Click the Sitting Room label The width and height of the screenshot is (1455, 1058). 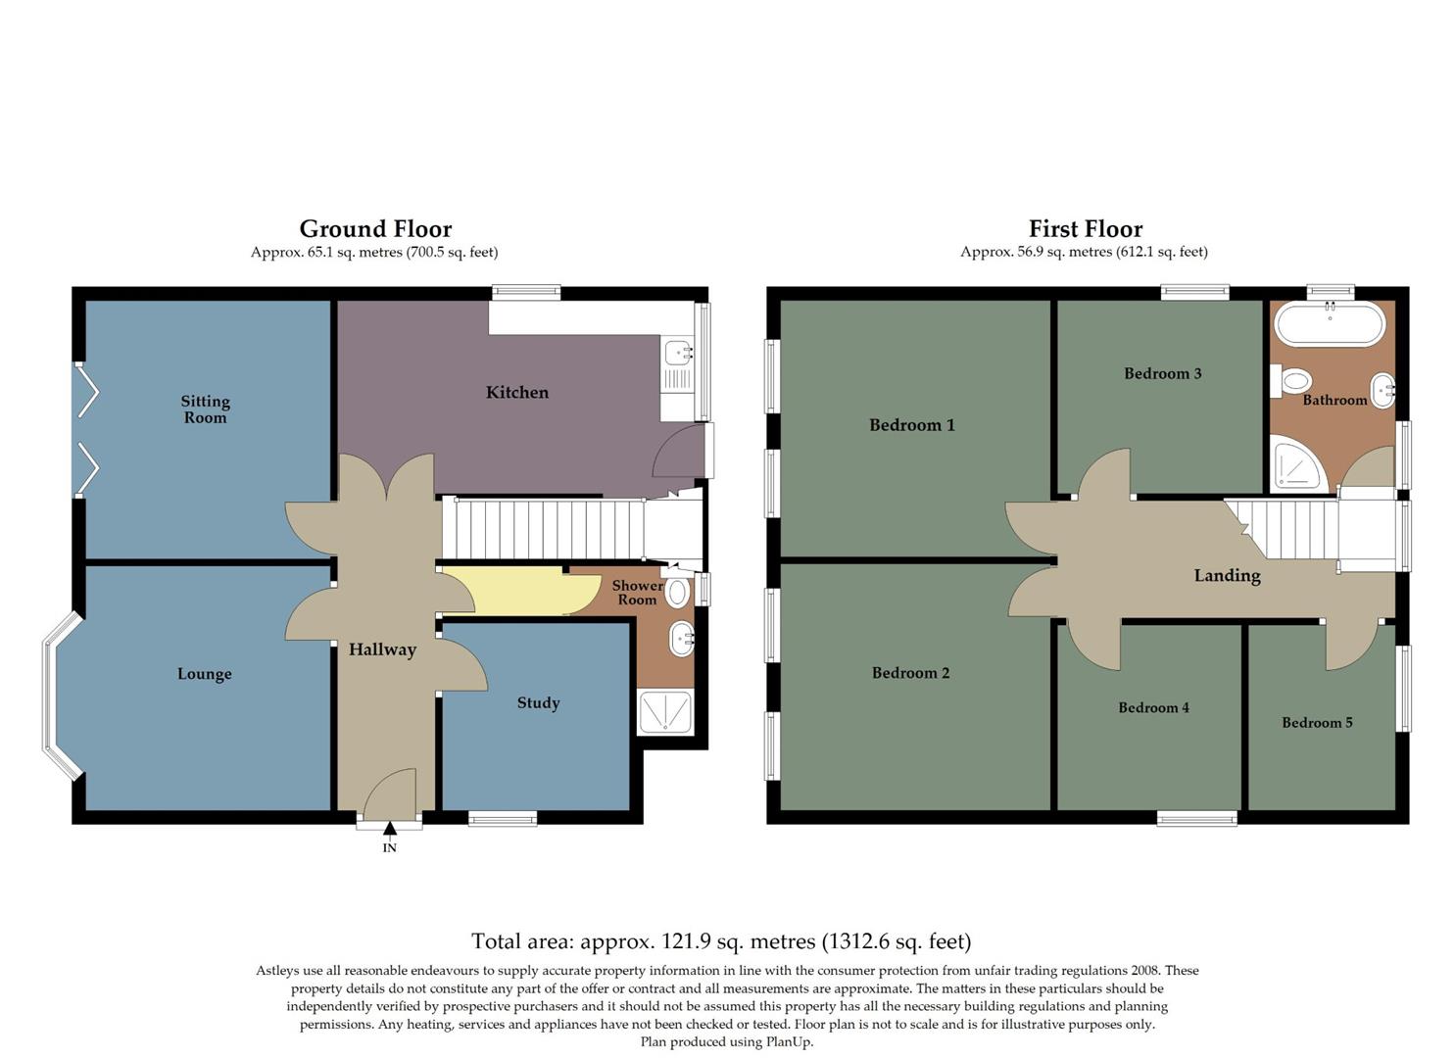205,409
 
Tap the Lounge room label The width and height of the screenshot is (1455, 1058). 204,674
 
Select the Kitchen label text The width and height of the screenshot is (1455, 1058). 516,392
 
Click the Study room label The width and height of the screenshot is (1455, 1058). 538,702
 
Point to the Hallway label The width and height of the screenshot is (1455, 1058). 382,649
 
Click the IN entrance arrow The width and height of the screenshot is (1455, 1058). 389,831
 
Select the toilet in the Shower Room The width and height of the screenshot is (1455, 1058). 677,593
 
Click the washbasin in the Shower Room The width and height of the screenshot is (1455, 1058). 681,640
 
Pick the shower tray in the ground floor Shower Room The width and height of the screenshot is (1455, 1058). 665,712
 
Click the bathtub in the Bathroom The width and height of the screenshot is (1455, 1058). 1330,323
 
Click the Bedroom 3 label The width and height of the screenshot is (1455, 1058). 1162,373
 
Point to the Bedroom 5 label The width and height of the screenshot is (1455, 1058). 1317,723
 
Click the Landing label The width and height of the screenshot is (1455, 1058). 1227,576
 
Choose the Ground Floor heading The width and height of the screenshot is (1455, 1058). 375,229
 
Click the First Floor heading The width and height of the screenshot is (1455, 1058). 1085,229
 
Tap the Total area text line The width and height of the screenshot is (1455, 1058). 721,941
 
